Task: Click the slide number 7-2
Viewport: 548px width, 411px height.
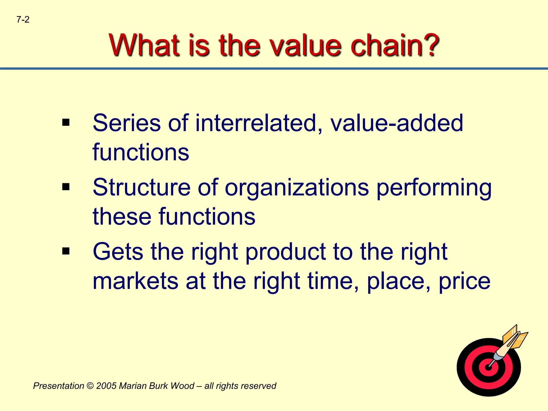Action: click(23, 20)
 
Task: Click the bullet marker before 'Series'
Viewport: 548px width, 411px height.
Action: click(66, 123)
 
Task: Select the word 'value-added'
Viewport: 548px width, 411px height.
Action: click(397, 123)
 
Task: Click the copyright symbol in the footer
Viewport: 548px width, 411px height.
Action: click(90, 386)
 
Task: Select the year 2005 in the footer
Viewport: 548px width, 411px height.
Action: click(106, 386)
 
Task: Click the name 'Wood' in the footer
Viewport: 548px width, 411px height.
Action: click(182, 386)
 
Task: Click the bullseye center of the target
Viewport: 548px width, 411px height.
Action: click(489, 367)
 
